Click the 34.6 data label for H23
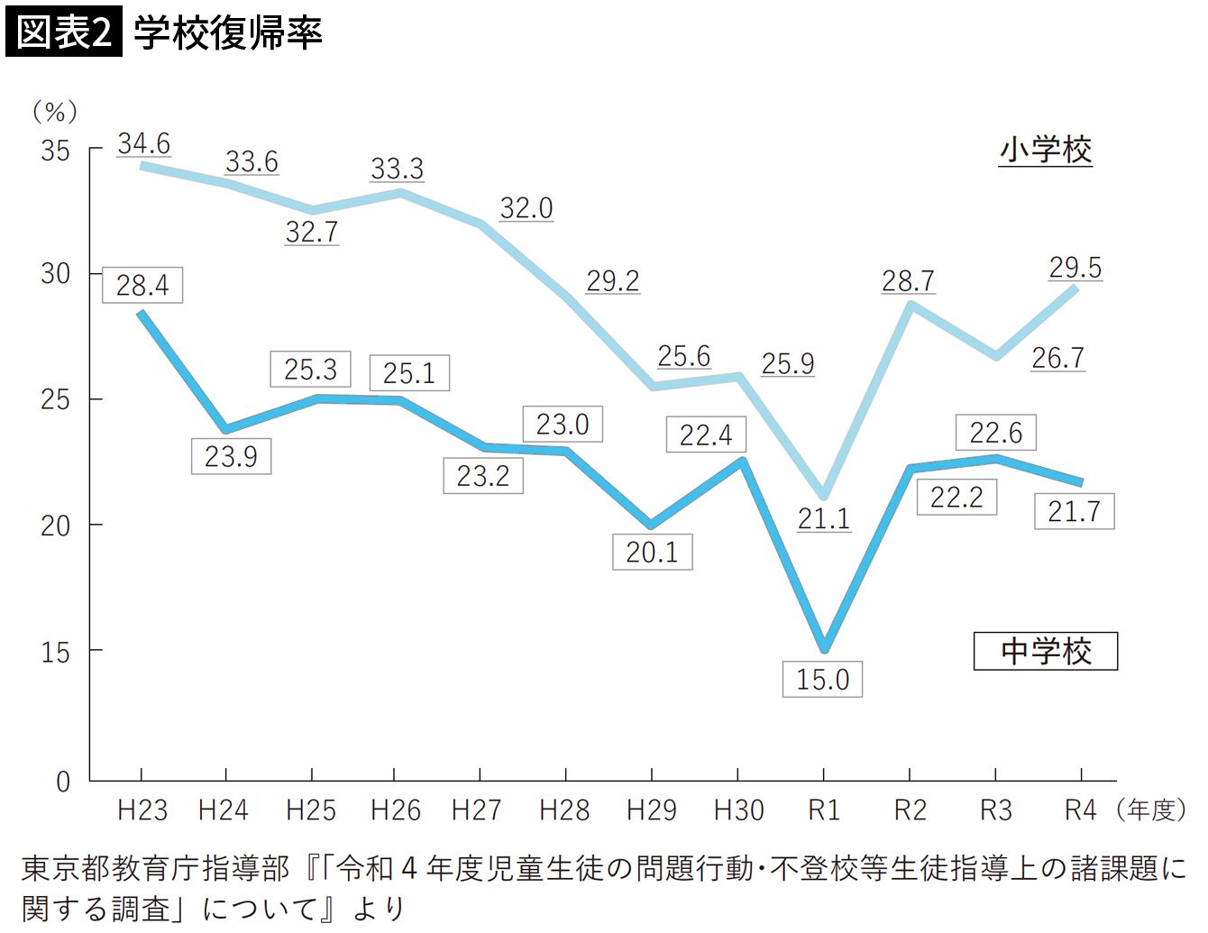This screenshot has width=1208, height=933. (143, 143)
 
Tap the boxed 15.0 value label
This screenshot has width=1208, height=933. (822, 679)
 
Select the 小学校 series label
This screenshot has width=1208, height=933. (1046, 150)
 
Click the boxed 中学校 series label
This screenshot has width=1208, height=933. (1046, 651)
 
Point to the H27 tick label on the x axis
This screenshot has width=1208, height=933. (476, 810)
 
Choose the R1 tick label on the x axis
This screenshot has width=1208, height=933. (823, 810)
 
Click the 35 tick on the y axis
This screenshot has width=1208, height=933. (55, 151)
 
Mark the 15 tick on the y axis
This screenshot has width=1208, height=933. (55, 653)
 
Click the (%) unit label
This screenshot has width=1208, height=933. (55, 112)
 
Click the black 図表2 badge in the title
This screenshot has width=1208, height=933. (63, 33)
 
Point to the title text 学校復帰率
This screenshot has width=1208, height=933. (228, 33)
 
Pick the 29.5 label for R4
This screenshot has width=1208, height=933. (1075, 268)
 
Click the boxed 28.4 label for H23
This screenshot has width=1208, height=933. (142, 285)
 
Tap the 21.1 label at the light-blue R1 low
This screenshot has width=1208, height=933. (823, 518)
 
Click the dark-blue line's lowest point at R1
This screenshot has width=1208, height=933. (824, 648)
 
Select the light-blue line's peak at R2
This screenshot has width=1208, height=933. (911, 305)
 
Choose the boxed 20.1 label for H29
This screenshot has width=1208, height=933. (652, 552)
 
